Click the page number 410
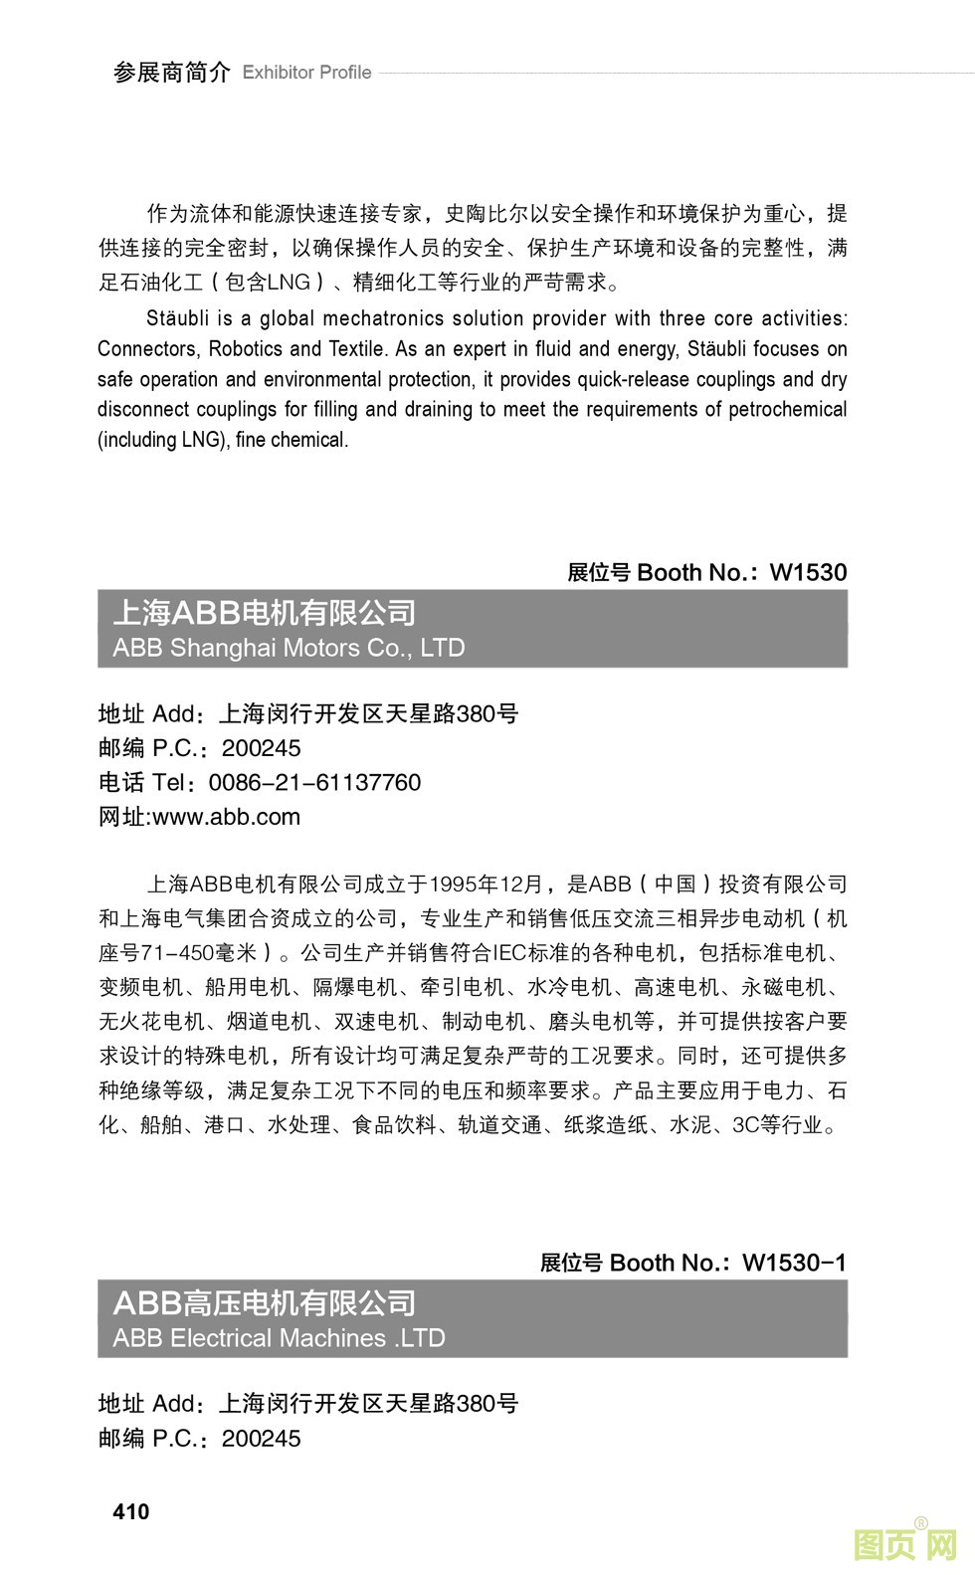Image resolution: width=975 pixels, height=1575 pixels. tap(131, 1511)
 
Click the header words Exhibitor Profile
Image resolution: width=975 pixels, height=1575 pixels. tap(306, 73)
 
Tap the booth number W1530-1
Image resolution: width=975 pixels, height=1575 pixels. tap(794, 1263)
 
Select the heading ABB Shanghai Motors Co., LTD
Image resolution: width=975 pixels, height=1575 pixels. tap(289, 648)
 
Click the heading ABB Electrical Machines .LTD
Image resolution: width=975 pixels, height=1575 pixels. tap(279, 1338)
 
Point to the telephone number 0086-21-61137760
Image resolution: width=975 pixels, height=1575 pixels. tap(314, 783)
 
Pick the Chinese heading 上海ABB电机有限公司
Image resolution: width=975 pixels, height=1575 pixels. tap(265, 613)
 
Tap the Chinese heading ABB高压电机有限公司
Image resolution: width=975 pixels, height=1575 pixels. tap(265, 1303)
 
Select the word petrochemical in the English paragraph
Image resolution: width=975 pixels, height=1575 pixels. tap(787, 409)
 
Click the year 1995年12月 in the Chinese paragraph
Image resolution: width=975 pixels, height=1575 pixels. tap(487, 884)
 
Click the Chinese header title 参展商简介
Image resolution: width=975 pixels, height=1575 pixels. tap(171, 73)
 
